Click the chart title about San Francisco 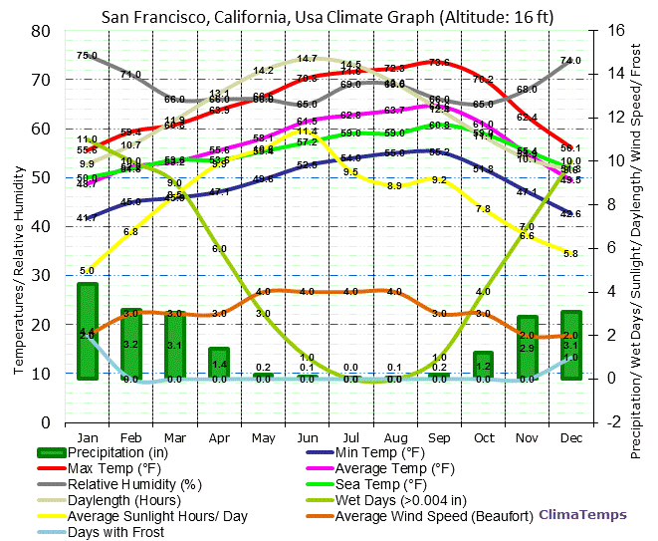point(329,16)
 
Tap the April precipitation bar point(219,363)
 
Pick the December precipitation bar point(570,344)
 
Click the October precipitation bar point(483,365)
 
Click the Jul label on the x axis point(350,436)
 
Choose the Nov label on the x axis point(527,436)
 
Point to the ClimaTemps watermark point(583,515)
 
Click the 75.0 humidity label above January point(87,56)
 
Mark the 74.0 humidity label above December point(570,61)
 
